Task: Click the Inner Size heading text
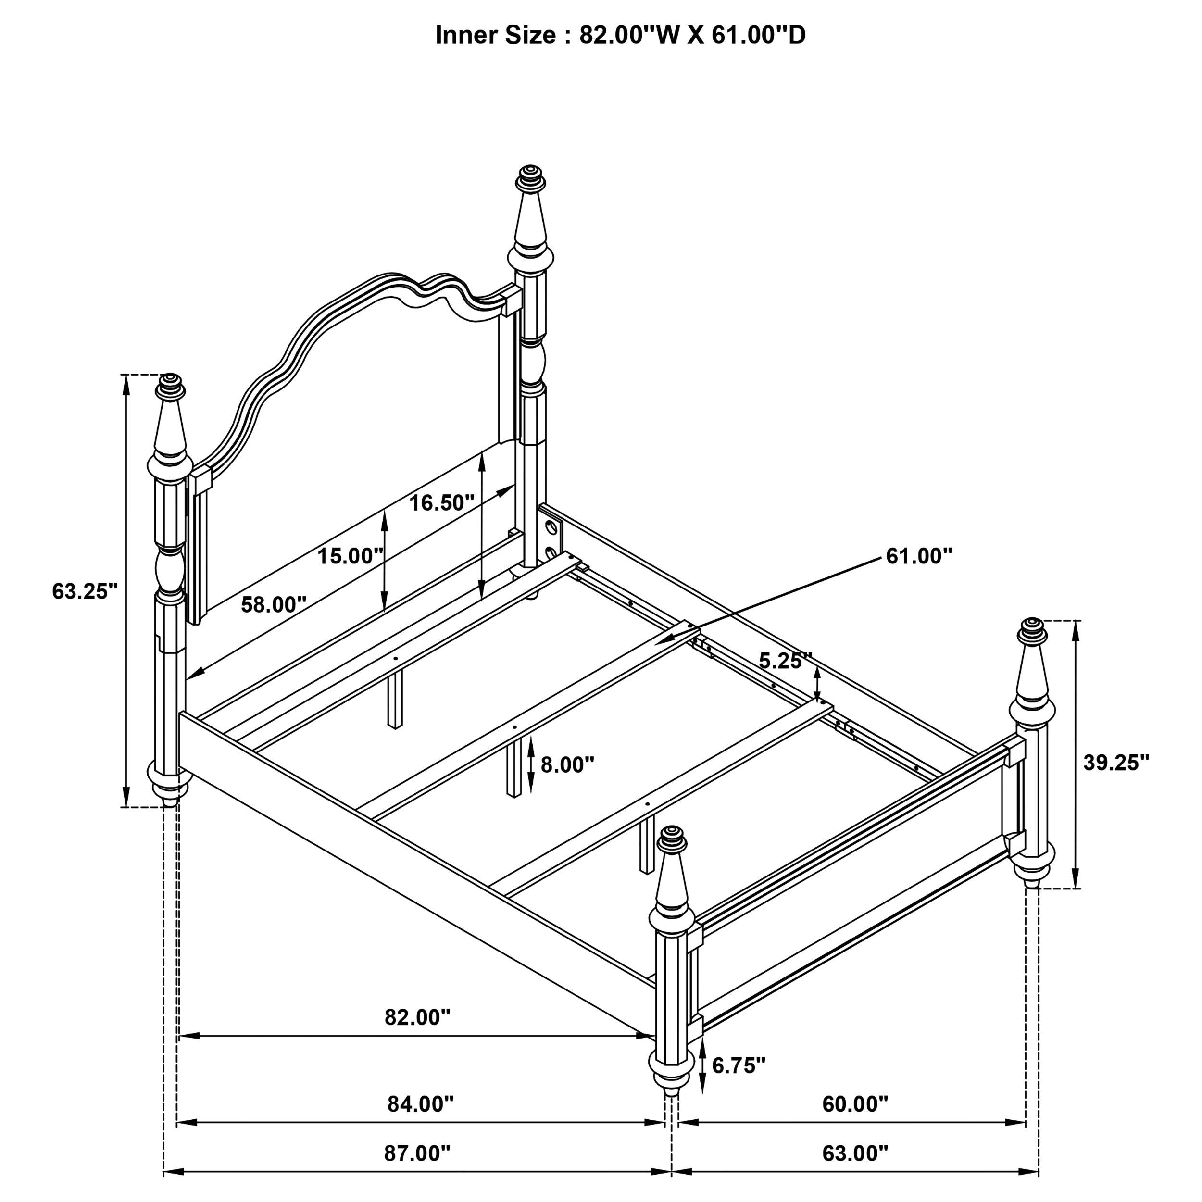(x=620, y=35)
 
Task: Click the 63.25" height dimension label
(x=85, y=591)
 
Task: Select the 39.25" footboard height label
(x=1116, y=762)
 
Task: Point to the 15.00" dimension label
(x=351, y=556)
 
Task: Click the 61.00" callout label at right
(x=919, y=556)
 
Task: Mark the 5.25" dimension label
(x=785, y=661)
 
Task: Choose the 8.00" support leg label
(x=567, y=764)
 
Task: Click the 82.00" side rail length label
(x=417, y=1017)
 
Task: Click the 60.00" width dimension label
(x=855, y=1104)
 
